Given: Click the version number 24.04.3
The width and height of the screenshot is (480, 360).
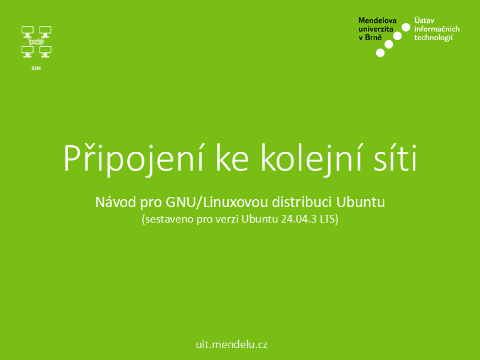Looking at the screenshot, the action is [299, 219].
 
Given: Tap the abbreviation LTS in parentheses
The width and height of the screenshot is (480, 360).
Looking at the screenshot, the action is [328, 219].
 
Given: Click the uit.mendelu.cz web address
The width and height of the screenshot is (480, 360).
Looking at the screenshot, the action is [232, 344].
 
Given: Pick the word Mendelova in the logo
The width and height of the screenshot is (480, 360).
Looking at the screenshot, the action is [377, 20].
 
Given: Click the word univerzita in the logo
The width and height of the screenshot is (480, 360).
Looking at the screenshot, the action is [376, 29].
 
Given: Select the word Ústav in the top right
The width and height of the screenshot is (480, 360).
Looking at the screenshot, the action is [424, 20].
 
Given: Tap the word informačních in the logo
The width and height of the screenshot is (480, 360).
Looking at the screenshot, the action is [437, 29].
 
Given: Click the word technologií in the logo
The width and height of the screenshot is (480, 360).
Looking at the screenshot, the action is [433, 38].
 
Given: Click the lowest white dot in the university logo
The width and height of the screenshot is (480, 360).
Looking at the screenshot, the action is [380, 53].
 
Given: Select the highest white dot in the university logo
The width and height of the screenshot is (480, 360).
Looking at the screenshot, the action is [406, 27].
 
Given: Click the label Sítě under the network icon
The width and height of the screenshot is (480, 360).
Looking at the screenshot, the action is [36, 68].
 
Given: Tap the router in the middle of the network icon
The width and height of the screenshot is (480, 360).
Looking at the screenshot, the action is [37, 42].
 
